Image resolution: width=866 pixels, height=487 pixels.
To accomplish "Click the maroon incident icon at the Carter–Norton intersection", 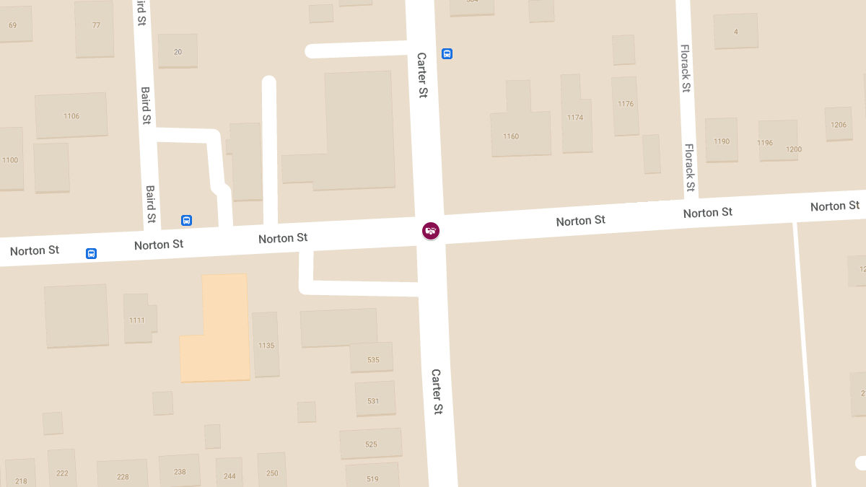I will point(431,231).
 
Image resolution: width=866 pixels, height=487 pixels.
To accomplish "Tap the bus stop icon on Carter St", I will point(447,53).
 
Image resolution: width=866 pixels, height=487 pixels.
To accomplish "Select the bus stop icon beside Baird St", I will point(186,220).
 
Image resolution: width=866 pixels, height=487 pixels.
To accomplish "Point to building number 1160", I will point(511,136).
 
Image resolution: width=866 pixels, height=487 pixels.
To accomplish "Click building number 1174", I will point(575,117).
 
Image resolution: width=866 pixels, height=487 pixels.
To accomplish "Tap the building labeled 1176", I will point(625,105).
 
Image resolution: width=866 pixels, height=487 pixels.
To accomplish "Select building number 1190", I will point(722,141).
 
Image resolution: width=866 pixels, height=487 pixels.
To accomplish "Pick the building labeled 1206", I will point(838,124).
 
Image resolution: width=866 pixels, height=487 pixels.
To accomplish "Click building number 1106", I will point(71,115).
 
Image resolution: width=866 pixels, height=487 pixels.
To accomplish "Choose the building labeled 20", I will point(178,51).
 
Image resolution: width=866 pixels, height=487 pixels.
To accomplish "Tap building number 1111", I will point(137,319).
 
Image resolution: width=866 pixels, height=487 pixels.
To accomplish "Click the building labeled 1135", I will point(266,345).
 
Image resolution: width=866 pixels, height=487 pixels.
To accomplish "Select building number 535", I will point(372,359).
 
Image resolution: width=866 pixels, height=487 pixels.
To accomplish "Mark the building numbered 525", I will point(371,444).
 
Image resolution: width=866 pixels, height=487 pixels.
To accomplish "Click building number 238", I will point(180,471).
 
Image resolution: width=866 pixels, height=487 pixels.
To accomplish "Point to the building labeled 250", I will point(272,473).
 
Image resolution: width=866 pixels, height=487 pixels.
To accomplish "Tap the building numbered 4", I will point(735,31).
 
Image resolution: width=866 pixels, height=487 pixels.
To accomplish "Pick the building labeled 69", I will point(13,25).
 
